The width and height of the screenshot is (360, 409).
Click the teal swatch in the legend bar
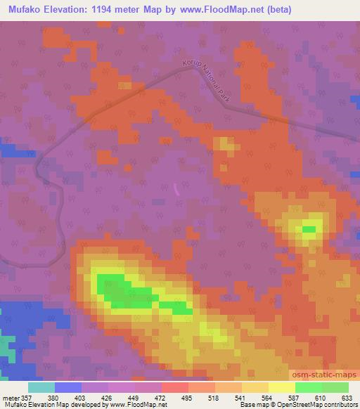pyautogui.click(x=41, y=387)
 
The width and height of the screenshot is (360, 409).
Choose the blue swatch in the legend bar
pyautogui.click(x=68, y=387)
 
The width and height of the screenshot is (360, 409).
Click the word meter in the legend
pyautogui.click(x=10, y=398)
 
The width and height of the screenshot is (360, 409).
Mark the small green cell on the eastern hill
pyautogui.click(x=309, y=229)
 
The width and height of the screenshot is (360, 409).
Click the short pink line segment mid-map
pyautogui.click(x=176, y=188)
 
